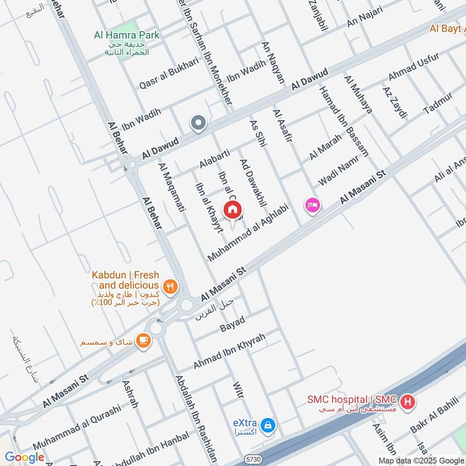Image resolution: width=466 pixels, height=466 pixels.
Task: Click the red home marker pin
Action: [232, 209]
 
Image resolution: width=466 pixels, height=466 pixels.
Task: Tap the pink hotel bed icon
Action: [313, 206]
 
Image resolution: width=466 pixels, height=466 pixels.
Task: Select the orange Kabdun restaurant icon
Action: [170, 285]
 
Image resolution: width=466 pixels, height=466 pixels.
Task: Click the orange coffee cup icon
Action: [143, 340]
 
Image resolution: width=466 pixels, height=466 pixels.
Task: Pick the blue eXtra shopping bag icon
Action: [267, 425]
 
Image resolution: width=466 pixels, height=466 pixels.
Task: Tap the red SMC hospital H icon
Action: [408, 401]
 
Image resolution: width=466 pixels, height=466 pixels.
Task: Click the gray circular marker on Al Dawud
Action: [199, 123]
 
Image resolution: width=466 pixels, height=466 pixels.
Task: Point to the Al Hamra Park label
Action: [126, 35]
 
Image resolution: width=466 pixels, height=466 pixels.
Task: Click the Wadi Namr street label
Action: [337, 174]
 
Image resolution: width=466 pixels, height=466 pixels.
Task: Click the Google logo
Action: [24, 457]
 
